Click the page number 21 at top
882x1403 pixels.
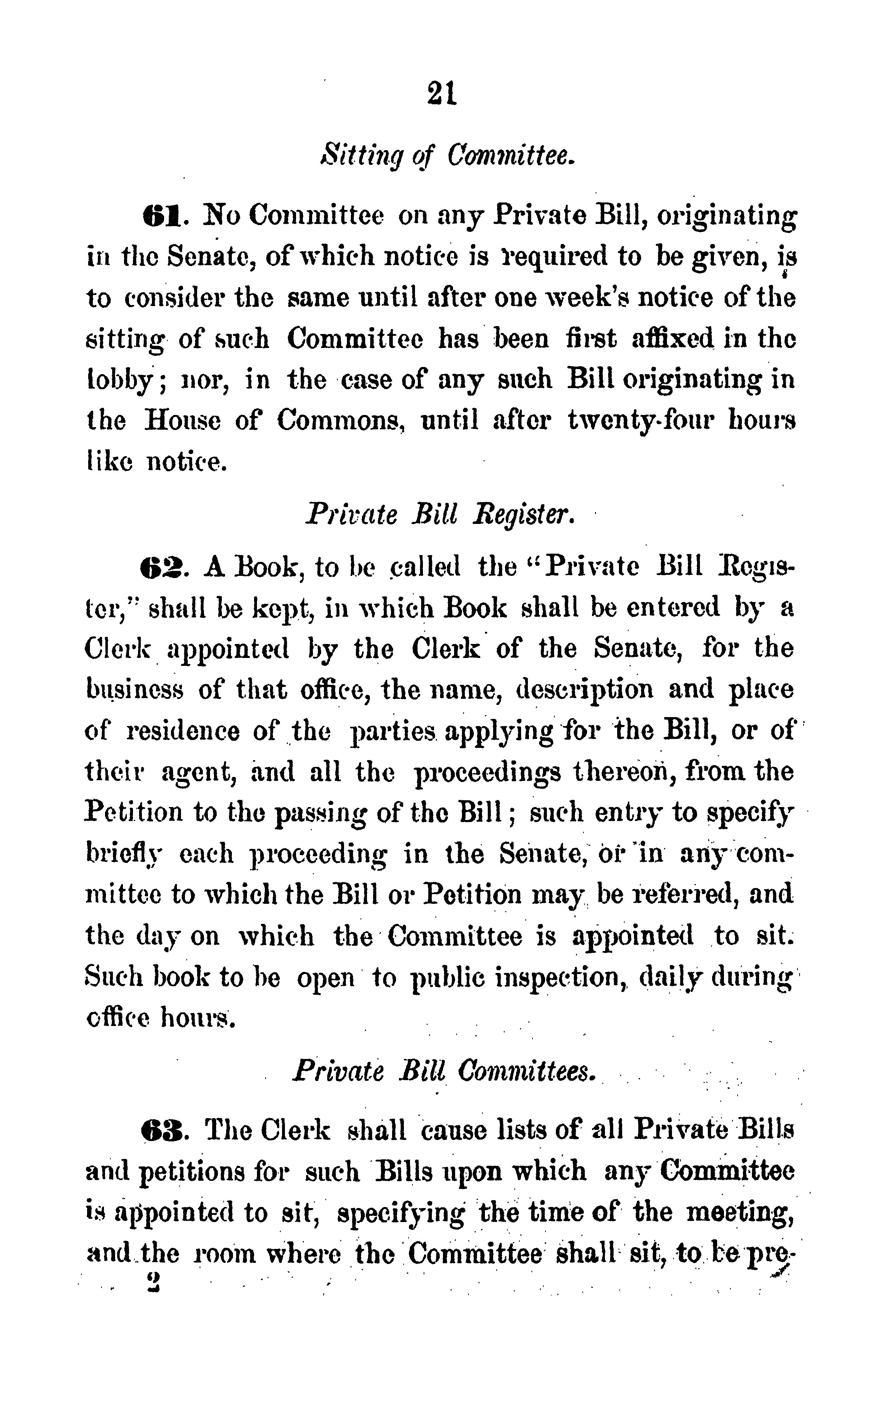442,93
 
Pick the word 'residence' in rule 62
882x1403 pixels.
183,731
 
